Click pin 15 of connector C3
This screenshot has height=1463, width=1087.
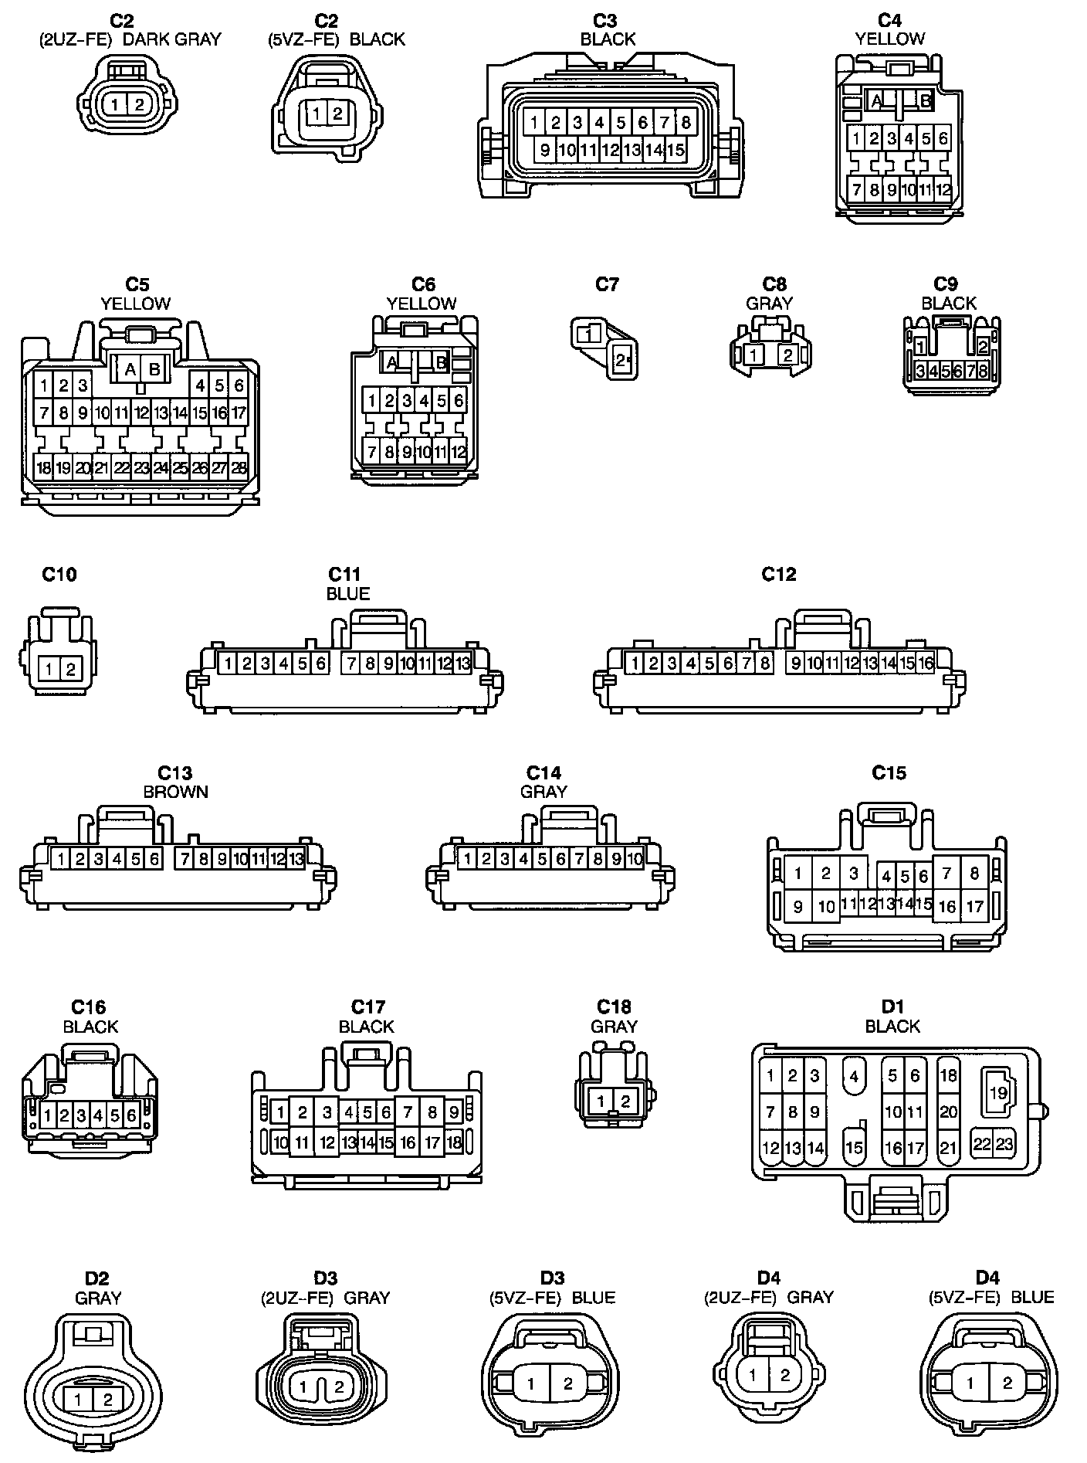[676, 150]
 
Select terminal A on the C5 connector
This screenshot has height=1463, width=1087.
[130, 369]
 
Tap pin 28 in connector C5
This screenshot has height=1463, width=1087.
[239, 467]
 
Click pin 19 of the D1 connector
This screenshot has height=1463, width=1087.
[998, 1093]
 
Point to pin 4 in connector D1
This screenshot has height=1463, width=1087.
[854, 1076]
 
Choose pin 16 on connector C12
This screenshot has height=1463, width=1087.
[926, 663]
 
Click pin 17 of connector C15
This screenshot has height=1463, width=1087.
[974, 906]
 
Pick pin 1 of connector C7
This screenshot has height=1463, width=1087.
[588, 334]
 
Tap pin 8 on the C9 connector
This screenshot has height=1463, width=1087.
[982, 371]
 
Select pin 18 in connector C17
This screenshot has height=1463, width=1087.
[454, 1142]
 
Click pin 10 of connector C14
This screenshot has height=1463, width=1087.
[635, 858]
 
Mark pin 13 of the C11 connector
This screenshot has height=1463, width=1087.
[462, 663]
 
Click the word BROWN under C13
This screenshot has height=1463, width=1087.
[175, 792]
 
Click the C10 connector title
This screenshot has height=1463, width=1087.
[59, 574]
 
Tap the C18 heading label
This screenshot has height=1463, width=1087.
[614, 1006]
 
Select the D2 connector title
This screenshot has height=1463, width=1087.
[97, 1278]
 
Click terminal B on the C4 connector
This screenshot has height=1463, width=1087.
[925, 100]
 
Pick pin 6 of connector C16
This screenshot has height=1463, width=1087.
[130, 1115]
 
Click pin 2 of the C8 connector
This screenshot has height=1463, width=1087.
[787, 355]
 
